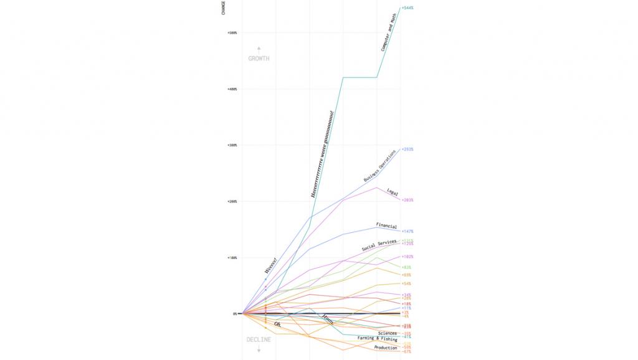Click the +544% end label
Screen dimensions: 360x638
(408, 8)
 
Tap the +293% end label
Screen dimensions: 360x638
(408, 149)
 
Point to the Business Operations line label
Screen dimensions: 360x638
(379, 166)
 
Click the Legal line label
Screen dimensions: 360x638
(393, 192)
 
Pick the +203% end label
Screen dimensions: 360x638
(408, 200)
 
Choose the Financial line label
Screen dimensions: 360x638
(386, 225)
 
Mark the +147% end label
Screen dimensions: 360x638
(407, 231)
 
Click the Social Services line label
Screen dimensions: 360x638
(379, 245)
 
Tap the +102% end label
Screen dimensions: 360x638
(407, 257)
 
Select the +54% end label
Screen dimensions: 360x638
(406, 284)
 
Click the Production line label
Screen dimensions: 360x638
(386, 348)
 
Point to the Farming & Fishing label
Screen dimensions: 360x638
(377, 339)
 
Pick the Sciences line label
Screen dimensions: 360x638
(387, 333)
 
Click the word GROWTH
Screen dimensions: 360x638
(259, 59)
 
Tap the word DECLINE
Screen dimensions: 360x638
(259, 339)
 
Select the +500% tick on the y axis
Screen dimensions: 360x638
(232, 32)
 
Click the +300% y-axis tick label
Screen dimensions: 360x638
(232, 145)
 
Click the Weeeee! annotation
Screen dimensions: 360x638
(270, 265)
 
